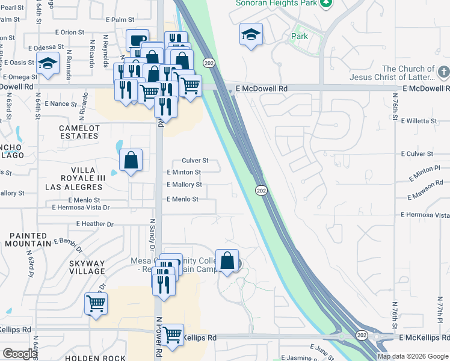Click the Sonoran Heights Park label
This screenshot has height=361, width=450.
point(276,3)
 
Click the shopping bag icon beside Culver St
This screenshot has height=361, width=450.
point(131,160)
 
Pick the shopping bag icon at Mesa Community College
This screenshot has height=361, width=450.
point(227,261)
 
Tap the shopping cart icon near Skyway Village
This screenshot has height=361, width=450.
point(96,303)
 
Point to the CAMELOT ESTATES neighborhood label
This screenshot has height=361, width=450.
point(79,132)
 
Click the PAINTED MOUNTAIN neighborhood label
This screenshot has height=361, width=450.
point(28,239)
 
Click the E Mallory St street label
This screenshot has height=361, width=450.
point(184,185)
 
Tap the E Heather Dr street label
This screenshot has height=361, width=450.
point(94,224)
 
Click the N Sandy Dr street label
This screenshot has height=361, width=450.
point(152,235)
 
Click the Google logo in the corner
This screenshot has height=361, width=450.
point(19,353)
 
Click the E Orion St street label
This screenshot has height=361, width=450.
point(69,32)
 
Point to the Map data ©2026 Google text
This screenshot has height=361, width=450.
point(413,356)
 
